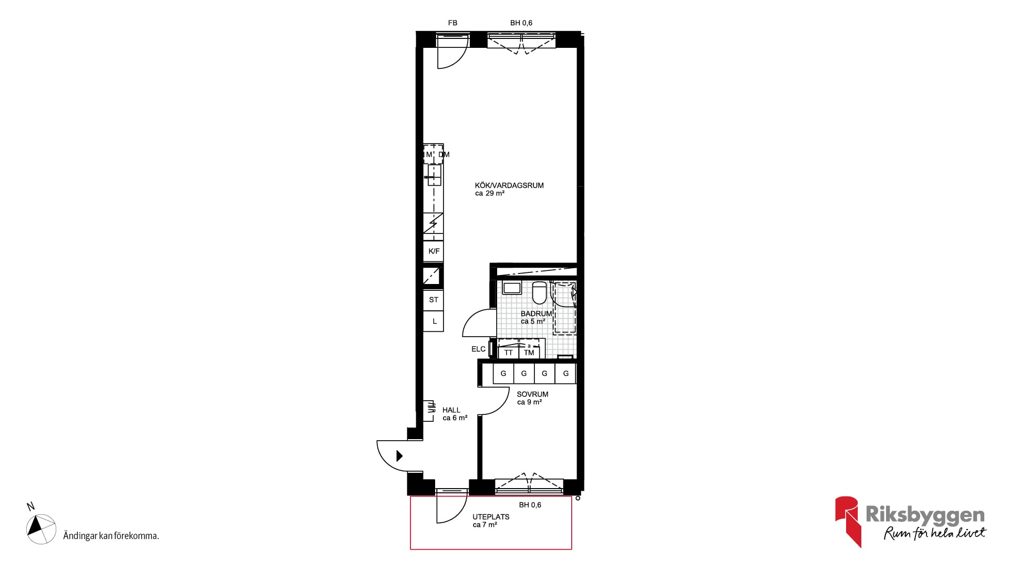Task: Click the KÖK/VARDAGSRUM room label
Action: tap(509, 185)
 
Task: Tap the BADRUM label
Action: tap(536, 313)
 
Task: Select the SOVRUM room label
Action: tap(532, 394)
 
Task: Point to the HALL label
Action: tap(451, 410)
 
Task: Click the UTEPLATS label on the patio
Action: tap(491, 517)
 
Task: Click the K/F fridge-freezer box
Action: tap(434, 251)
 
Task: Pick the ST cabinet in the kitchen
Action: tap(434, 300)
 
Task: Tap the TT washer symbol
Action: tap(508, 352)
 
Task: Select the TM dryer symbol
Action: tap(529, 352)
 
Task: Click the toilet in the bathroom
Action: tap(539, 293)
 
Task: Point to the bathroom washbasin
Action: tap(511, 288)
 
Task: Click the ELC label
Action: tap(478, 349)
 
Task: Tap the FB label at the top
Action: tap(452, 23)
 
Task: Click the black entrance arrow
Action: tap(399, 456)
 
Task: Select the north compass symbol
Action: tap(41, 529)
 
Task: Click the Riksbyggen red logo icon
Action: tap(848, 521)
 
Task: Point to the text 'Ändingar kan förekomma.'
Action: tap(111, 536)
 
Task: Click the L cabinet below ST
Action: tap(434, 321)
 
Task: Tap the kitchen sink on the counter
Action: tap(434, 175)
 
